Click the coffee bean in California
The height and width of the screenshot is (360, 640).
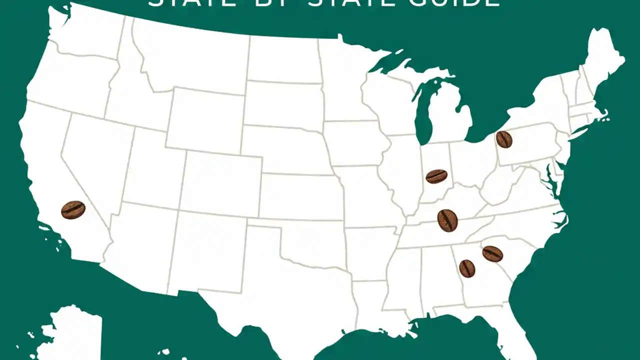pos(73,209)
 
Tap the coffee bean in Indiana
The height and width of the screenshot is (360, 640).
pos(436,176)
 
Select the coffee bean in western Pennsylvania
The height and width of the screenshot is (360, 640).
pos(504,139)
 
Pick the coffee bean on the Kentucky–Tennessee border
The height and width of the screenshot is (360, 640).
pos(447,220)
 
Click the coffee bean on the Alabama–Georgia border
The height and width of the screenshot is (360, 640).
pos(467,268)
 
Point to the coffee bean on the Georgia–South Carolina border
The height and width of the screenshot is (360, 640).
pos(492,253)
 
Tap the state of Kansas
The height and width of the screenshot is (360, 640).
pos(300,195)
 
